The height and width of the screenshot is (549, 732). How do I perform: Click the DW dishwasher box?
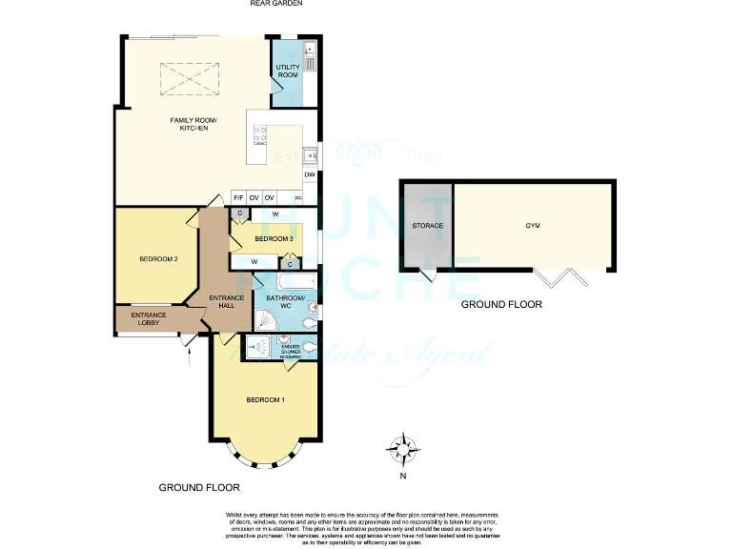click(310, 175)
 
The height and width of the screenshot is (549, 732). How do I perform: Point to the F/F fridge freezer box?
click(238, 198)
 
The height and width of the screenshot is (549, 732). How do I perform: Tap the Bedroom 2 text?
click(158, 258)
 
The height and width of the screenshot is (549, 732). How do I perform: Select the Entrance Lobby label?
click(149, 318)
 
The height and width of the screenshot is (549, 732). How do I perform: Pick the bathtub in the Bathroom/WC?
click(289, 282)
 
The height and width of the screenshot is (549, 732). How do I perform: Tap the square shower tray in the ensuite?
click(258, 348)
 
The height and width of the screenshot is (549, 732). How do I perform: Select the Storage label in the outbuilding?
click(427, 226)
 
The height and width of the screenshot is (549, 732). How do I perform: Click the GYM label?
click(532, 226)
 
